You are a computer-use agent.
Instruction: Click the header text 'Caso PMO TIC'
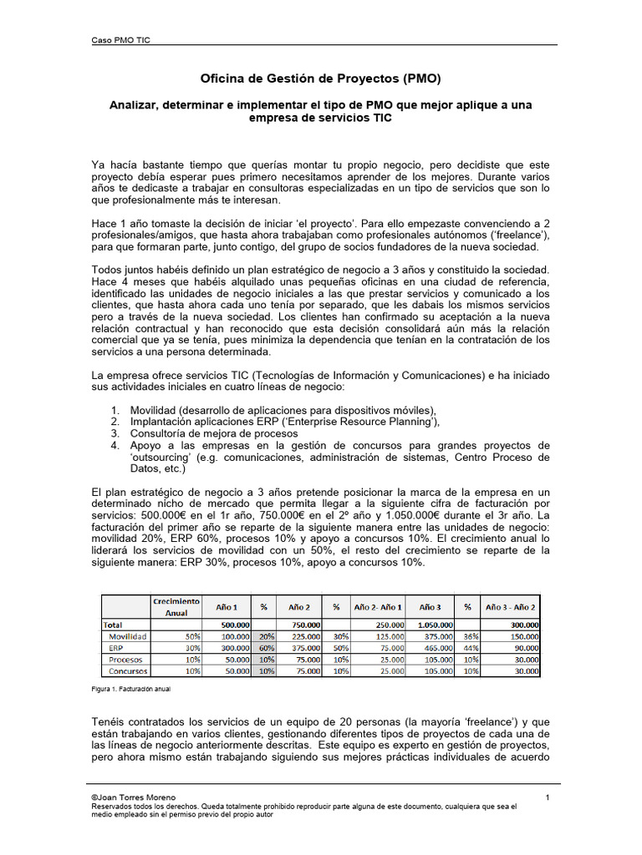[x=120, y=39]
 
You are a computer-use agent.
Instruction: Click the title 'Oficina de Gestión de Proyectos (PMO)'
[x=320, y=79]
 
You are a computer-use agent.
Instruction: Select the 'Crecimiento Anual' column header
[x=176, y=606]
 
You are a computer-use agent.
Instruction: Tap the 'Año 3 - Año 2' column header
[x=511, y=606]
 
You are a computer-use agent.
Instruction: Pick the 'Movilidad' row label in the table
[x=129, y=635]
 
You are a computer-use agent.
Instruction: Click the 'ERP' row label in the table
[x=116, y=647]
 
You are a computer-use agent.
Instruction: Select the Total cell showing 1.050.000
[x=436, y=624]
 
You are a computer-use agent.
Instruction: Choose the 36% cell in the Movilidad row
[x=471, y=635]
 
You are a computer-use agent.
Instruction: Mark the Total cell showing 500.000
[x=234, y=624]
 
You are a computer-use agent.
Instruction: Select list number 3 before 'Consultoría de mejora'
[x=115, y=433]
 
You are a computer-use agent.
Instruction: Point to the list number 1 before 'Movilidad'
[x=115, y=410]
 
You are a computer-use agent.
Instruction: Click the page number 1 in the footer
[x=547, y=798]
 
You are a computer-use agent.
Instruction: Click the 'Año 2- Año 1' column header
[x=378, y=606]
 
